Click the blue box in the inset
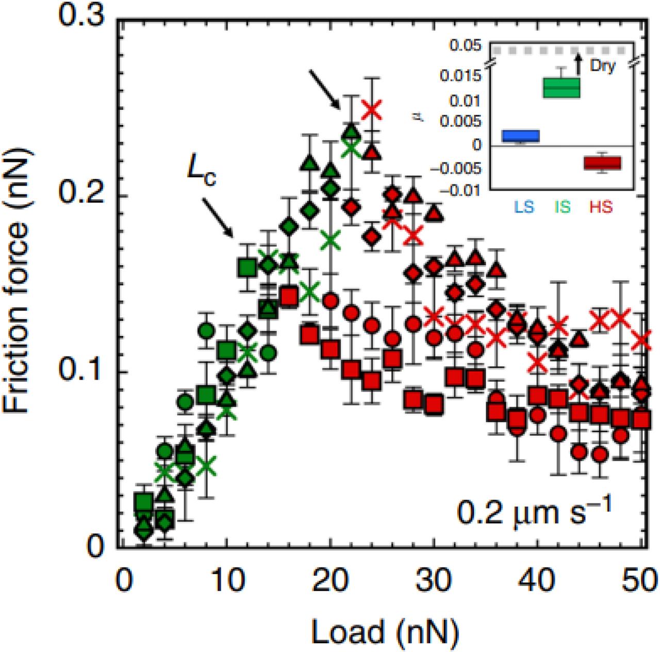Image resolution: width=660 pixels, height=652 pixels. [521, 136]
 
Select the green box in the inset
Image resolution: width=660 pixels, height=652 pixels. [562, 88]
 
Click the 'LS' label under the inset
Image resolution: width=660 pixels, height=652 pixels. [523, 207]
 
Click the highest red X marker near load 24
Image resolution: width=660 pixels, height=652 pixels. [372, 109]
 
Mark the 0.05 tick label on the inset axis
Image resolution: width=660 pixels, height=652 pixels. [465, 46]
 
